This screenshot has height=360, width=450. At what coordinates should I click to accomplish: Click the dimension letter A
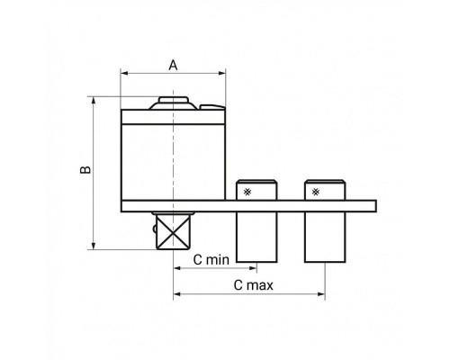coord(173,65)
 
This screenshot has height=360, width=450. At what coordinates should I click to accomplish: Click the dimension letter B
coord(85,169)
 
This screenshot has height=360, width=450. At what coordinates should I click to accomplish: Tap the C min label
coord(211,260)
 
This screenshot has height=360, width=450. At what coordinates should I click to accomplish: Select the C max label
coord(254,285)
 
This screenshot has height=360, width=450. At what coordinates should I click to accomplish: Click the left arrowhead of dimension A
coord(124,73)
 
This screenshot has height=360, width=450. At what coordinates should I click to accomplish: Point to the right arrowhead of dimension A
coord(222,73)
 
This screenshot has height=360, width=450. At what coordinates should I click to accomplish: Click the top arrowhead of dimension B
coord(94,100)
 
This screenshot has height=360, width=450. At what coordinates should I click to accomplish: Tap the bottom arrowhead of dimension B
coord(94,246)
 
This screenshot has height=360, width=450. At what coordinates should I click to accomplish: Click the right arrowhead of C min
coord(253,268)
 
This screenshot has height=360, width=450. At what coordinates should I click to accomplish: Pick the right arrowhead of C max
coord(321,294)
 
